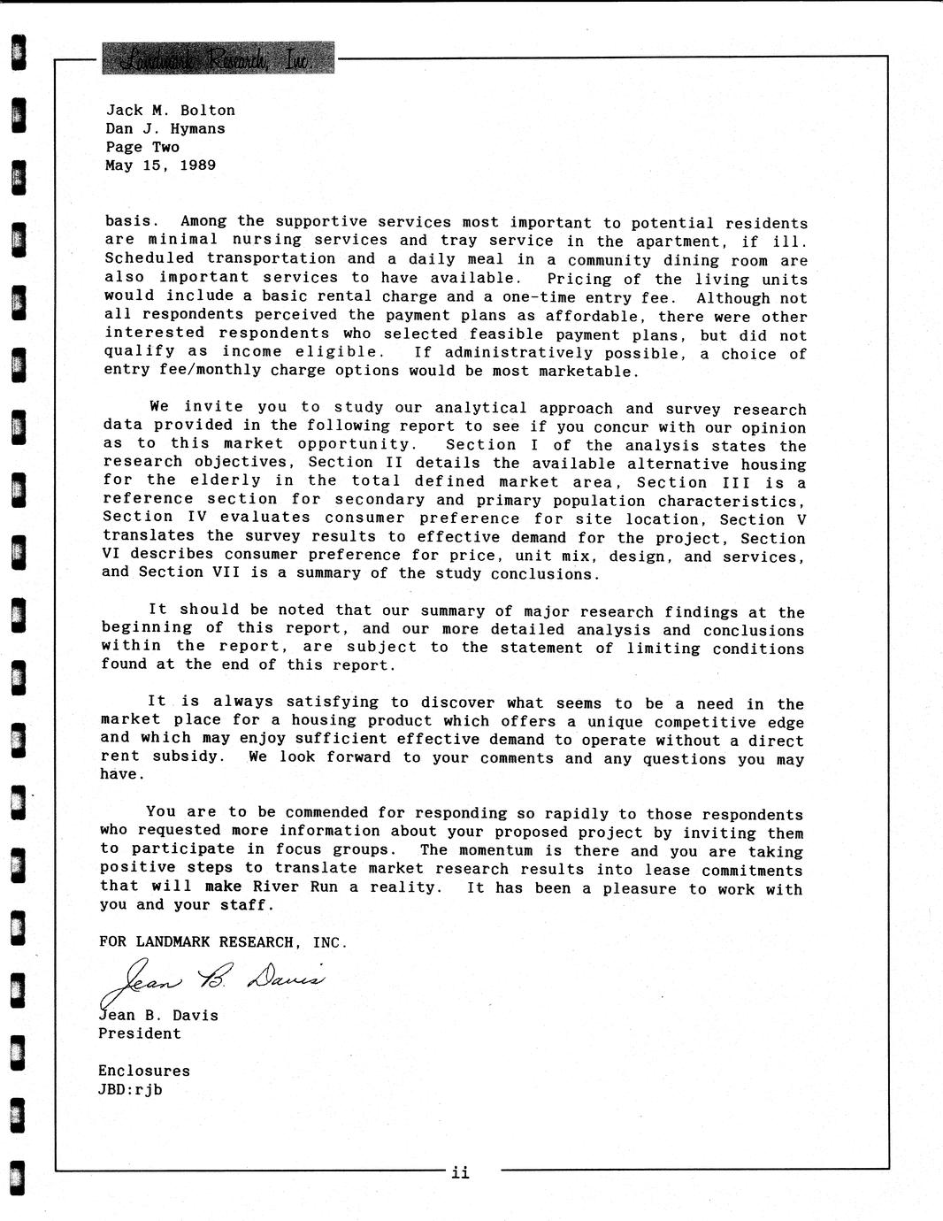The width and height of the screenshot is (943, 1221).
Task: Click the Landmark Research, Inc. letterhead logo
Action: point(218,58)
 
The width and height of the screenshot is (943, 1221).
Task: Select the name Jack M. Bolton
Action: point(171,111)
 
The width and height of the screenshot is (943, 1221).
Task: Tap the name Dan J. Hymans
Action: point(165,129)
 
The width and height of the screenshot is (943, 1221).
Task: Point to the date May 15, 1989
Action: point(160,165)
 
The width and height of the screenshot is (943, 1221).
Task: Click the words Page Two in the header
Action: point(142,148)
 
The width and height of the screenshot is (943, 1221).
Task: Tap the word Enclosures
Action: point(144,1071)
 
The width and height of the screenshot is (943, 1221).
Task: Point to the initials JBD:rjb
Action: point(130,1089)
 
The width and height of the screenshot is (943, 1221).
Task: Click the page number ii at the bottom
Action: point(460,1173)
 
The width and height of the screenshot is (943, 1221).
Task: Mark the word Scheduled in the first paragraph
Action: point(149,258)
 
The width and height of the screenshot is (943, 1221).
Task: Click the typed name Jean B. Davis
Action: point(158,1015)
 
